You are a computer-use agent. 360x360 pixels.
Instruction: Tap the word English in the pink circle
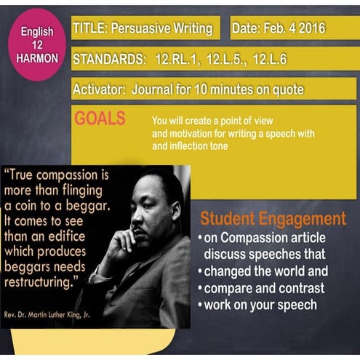[36, 32]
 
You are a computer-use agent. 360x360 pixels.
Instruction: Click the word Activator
[98, 89]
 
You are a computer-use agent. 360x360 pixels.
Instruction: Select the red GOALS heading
[100, 119]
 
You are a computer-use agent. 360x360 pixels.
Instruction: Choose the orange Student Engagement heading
[273, 219]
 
